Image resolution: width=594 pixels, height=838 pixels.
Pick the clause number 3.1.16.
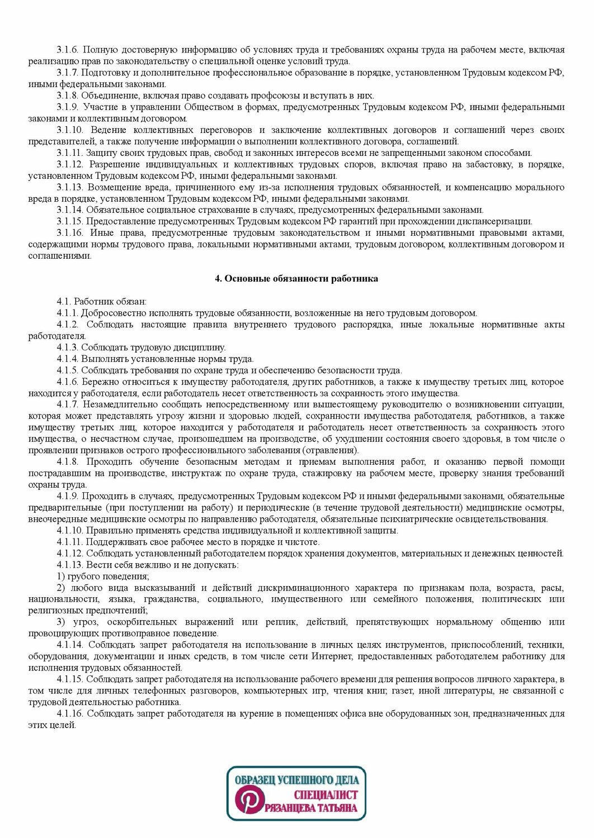pyautogui.click(x=70, y=233)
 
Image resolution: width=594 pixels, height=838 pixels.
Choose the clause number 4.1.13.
pyautogui.click(x=70, y=565)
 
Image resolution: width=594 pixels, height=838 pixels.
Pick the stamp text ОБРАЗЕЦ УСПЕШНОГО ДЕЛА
pyautogui.click(x=297, y=779)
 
